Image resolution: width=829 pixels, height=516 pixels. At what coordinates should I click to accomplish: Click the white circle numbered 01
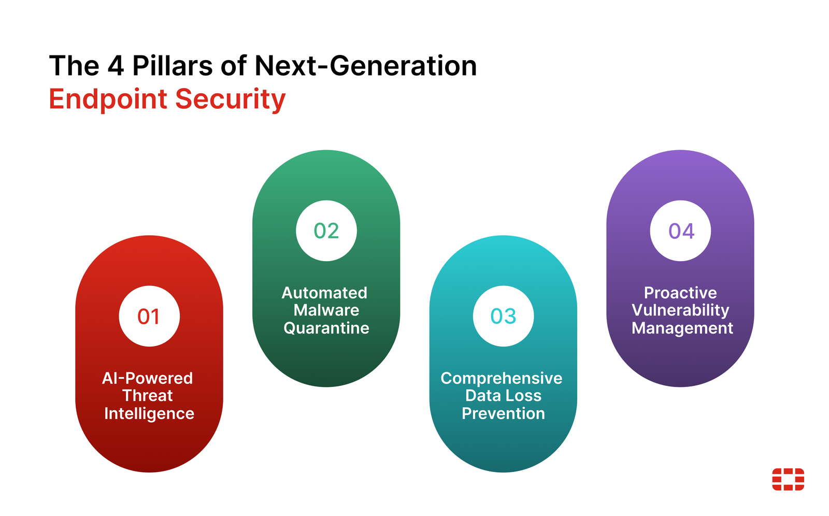click(149, 316)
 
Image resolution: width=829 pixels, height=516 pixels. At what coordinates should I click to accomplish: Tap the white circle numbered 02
click(326, 231)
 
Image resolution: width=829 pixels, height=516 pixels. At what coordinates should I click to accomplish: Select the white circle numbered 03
click(503, 316)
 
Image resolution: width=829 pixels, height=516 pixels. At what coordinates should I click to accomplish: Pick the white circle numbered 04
click(680, 231)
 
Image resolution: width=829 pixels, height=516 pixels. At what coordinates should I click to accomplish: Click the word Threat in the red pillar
click(148, 396)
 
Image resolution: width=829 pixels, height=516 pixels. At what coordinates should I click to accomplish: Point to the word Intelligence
click(149, 413)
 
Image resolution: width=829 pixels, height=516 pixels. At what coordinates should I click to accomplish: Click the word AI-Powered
click(148, 378)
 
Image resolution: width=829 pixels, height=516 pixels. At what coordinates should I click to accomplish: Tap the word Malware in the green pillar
click(326, 310)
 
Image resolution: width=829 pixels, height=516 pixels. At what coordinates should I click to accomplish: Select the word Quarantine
click(326, 328)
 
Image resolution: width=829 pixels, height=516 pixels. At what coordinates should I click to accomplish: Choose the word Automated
click(325, 293)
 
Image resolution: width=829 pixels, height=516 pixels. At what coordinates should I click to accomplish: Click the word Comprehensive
click(502, 378)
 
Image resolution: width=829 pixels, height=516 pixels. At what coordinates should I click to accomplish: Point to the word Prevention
click(503, 413)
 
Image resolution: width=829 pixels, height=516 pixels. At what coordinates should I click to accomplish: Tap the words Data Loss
click(503, 396)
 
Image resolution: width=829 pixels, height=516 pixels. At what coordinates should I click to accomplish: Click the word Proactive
click(680, 293)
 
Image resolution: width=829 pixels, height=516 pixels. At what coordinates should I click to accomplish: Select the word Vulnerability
click(680, 310)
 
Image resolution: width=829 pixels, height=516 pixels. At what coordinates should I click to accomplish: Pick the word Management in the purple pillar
click(682, 328)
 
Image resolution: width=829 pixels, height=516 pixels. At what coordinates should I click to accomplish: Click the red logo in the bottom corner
click(788, 479)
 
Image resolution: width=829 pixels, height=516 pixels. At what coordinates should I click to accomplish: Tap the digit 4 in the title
click(116, 66)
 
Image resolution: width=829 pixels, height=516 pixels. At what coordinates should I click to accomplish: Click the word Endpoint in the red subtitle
click(108, 99)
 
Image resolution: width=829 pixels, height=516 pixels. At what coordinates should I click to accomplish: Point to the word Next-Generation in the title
click(366, 66)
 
